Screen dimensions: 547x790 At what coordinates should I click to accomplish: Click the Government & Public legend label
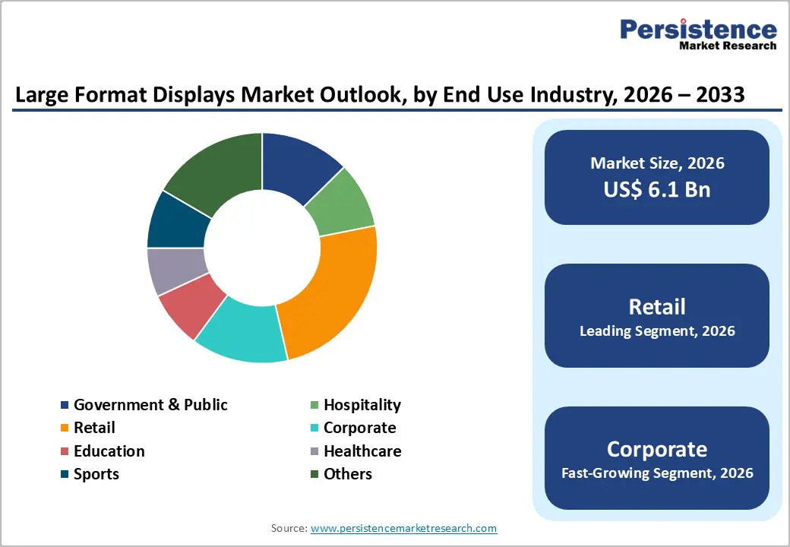pyautogui.click(x=150, y=405)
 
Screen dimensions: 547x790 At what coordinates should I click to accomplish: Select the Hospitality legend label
pyautogui.click(x=362, y=405)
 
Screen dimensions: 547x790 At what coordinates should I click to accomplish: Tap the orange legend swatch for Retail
pyautogui.click(x=65, y=428)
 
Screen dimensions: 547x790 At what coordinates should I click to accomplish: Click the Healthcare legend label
pyautogui.click(x=362, y=451)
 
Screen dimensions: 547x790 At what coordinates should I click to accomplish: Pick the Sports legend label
pyautogui.click(x=96, y=474)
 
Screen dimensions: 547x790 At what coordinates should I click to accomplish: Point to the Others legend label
pyautogui.click(x=347, y=474)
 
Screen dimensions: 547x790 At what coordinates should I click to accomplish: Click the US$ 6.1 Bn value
pyautogui.click(x=657, y=189)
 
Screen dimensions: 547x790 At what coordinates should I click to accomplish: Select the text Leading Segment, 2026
pyautogui.click(x=657, y=331)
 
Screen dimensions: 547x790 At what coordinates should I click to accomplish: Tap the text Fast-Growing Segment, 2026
pyautogui.click(x=657, y=473)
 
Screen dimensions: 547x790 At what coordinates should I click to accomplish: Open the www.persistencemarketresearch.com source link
pyautogui.click(x=403, y=528)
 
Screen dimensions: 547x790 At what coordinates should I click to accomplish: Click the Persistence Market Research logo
pyautogui.click(x=698, y=33)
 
